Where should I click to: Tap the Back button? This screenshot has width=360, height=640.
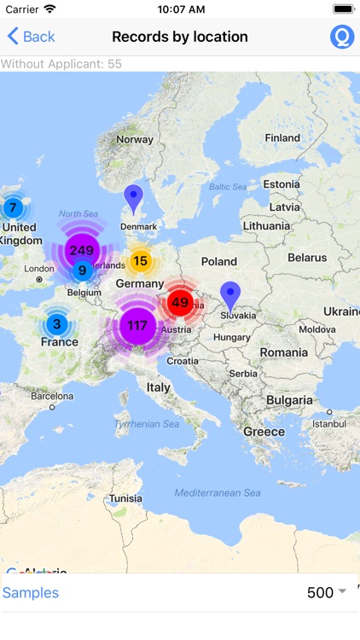[x=31, y=37]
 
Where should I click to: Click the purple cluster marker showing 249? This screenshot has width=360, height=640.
[x=82, y=250]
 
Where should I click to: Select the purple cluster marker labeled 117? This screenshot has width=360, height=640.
[x=137, y=325]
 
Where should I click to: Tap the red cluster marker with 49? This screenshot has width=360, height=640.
[x=179, y=302]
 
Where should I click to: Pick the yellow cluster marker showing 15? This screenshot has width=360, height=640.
[x=141, y=261]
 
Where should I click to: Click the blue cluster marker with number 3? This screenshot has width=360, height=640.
[x=57, y=324]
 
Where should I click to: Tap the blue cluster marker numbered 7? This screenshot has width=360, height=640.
[x=13, y=207]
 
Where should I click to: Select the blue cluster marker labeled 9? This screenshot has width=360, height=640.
[x=82, y=271]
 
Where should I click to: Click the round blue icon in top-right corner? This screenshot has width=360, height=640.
[x=342, y=37]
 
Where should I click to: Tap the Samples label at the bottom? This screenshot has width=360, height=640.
[x=31, y=593]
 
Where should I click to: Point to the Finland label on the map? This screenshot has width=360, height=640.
[x=282, y=137]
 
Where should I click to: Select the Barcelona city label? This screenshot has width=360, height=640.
[x=52, y=396]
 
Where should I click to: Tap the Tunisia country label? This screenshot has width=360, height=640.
[x=125, y=498]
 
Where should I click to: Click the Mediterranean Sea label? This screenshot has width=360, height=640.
[x=218, y=493]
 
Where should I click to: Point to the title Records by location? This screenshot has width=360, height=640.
[x=180, y=37]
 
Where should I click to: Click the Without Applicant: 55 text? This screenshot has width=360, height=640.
[x=61, y=64]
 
